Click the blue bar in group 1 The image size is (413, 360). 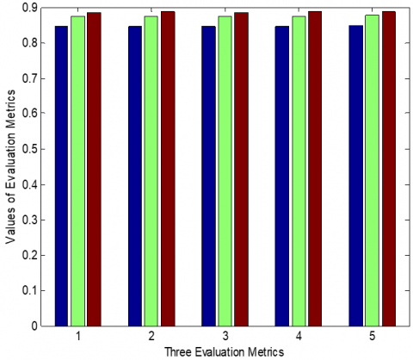click(x=61, y=176)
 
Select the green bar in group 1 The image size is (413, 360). click(x=78, y=171)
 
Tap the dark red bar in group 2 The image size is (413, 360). click(x=168, y=169)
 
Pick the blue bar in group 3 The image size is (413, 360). click(x=208, y=176)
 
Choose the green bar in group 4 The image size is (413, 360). click(x=299, y=171)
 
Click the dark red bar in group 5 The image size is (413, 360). click(x=389, y=169)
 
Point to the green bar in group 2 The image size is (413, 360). click(x=151, y=171)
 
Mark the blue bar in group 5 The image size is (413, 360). click(x=356, y=176)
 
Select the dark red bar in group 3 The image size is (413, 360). click(x=241, y=170)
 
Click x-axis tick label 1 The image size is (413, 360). click(x=78, y=336)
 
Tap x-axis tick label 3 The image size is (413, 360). click(x=225, y=336)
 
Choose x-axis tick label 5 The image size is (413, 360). click(x=373, y=336)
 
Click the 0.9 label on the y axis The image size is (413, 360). click(x=30, y=8)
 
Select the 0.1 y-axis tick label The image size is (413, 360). click(x=30, y=291)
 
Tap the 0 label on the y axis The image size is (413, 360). click(x=34, y=326)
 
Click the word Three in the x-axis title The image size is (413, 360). click(x=176, y=351)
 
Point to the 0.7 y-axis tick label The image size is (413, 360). click(x=30, y=78)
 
